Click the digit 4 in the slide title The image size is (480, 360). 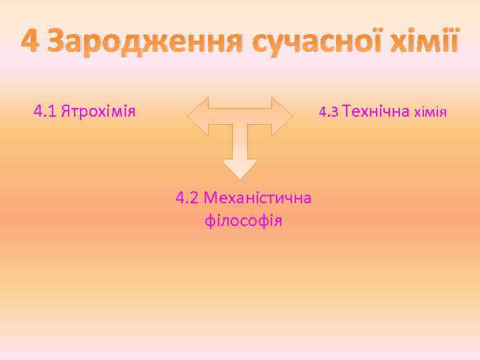pos(31,43)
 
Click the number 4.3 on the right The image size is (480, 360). pos(329,112)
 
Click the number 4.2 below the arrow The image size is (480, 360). pos(187,198)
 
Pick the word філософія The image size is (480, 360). pos(244,220)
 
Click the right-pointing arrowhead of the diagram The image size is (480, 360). pos(283,116)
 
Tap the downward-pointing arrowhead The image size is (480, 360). pos(240,167)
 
